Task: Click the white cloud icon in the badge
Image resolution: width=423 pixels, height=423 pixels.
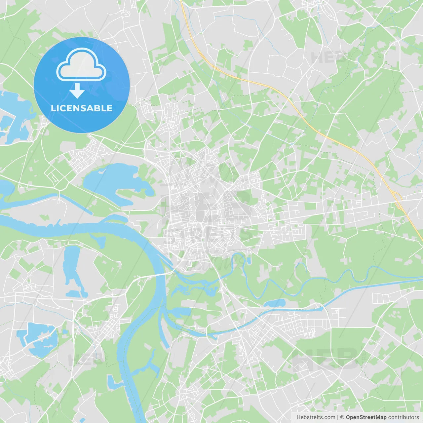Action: coord(81,65)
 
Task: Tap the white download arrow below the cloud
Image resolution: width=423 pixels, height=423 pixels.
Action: coord(77,91)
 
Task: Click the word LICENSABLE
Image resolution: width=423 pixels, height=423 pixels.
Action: coord(81,108)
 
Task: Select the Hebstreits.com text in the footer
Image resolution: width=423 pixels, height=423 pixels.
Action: coord(316,417)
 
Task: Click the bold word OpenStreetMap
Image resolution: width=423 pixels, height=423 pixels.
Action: coord(366,417)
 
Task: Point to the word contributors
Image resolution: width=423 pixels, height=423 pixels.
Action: coord(404,417)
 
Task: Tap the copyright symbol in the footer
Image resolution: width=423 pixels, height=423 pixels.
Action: coord(342,417)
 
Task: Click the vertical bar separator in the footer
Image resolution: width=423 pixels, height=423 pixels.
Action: coord(337,417)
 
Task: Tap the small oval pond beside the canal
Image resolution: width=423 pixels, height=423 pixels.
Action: coord(274,303)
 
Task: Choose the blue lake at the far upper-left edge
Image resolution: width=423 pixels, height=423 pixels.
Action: coord(13,109)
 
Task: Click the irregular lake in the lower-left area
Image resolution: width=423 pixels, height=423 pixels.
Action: coord(40,339)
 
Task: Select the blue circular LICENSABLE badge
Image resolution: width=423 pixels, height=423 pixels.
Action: coord(82,85)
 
